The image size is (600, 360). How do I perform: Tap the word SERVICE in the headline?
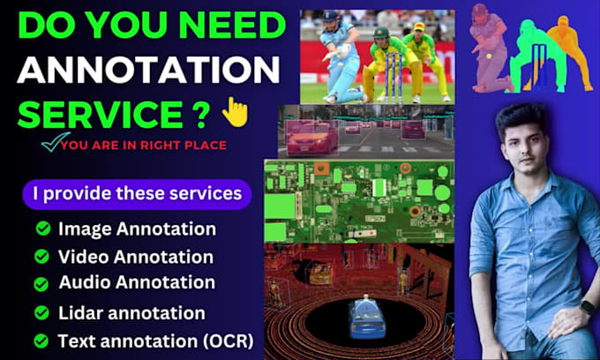coord(94,113)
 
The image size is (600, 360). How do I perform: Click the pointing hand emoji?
coord(235,112)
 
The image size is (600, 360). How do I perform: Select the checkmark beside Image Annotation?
coord(42,229)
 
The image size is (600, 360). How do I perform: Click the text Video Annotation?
coord(135,257)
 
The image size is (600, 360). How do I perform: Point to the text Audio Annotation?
coord(137,282)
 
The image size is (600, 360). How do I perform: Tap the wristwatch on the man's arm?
coord(587,307)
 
